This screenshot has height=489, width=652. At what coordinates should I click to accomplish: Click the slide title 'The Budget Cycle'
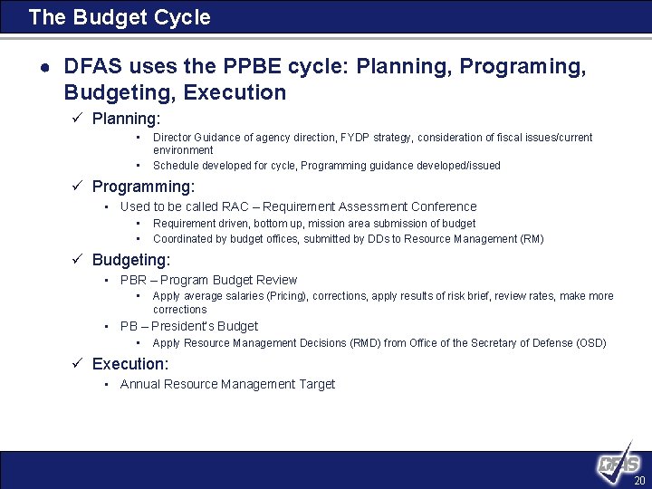tap(120, 17)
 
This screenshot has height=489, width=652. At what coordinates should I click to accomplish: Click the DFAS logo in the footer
tap(619, 465)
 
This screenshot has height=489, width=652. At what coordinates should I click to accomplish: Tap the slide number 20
tap(639, 481)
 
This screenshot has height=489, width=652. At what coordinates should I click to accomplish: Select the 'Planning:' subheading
tap(126, 119)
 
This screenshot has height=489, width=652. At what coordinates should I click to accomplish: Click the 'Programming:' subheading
tap(143, 187)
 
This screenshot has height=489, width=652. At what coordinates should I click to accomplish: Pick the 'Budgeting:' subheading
tap(130, 260)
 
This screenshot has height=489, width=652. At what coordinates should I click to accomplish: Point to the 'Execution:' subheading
tap(130, 364)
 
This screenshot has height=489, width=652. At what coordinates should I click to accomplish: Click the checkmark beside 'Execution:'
tap(78, 364)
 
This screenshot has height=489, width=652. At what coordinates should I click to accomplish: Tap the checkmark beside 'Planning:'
tap(78, 119)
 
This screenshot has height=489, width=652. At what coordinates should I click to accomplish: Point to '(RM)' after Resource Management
tap(532, 239)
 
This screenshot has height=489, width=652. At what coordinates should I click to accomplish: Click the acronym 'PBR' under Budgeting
tap(133, 281)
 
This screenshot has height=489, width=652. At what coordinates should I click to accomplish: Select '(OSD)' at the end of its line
tap(591, 343)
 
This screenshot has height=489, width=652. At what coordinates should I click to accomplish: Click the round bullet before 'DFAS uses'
tap(43, 67)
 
